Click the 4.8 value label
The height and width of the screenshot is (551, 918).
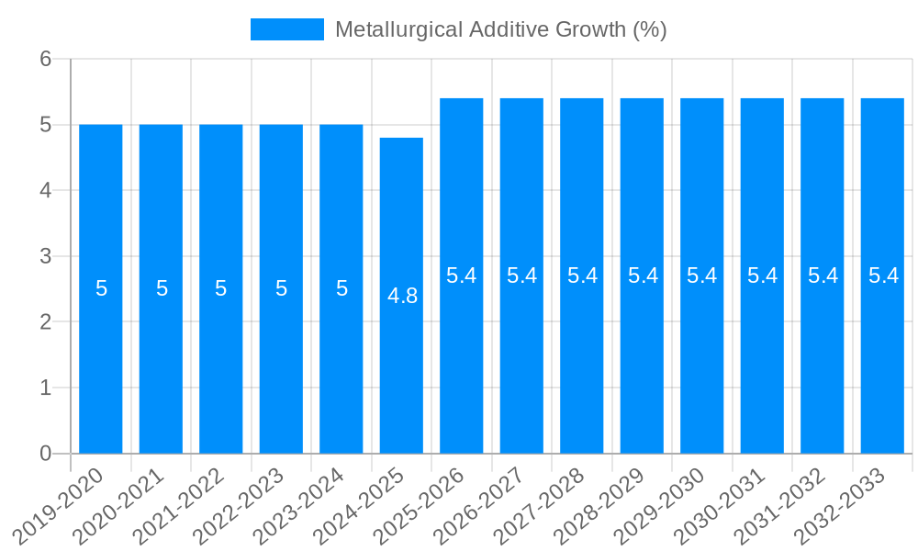pyautogui.click(x=403, y=296)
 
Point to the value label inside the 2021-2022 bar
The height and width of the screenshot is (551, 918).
pyautogui.click(x=221, y=288)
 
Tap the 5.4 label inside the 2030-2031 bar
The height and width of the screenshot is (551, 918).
pyautogui.click(x=763, y=275)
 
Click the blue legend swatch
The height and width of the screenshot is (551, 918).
pyautogui.click(x=287, y=29)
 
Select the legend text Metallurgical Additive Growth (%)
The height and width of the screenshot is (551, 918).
pyautogui.click(x=500, y=29)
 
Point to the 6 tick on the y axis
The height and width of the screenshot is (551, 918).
pyautogui.click(x=46, y=59)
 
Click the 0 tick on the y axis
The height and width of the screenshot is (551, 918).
pyautogui.click(x=46, y=453)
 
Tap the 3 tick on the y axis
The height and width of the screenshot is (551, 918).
pyautogui.click(x=46, y=256)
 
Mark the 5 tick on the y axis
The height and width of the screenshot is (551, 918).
pyautogui.click(x=46, y=125)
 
